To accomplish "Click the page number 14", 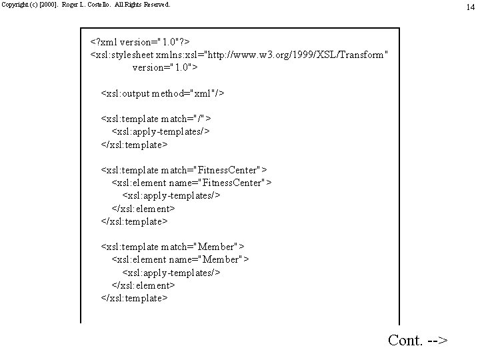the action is point(471,7).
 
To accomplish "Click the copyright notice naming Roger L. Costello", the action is point(86,4).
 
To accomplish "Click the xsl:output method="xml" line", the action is point(162,93).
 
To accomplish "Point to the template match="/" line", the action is point(156,119).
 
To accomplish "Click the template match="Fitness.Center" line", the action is point(183,170).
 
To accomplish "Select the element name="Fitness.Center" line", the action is point(191,183).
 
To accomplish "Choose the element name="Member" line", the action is point(180,259).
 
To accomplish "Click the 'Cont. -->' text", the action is point(417,340).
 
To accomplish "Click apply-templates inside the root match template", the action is point(160,131).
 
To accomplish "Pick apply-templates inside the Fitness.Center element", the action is point(171,195).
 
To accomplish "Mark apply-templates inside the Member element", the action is point(171,272).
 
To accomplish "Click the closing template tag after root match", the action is point(134,144).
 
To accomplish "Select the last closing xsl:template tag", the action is point(134,298).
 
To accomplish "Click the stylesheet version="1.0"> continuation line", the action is point(165,67).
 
